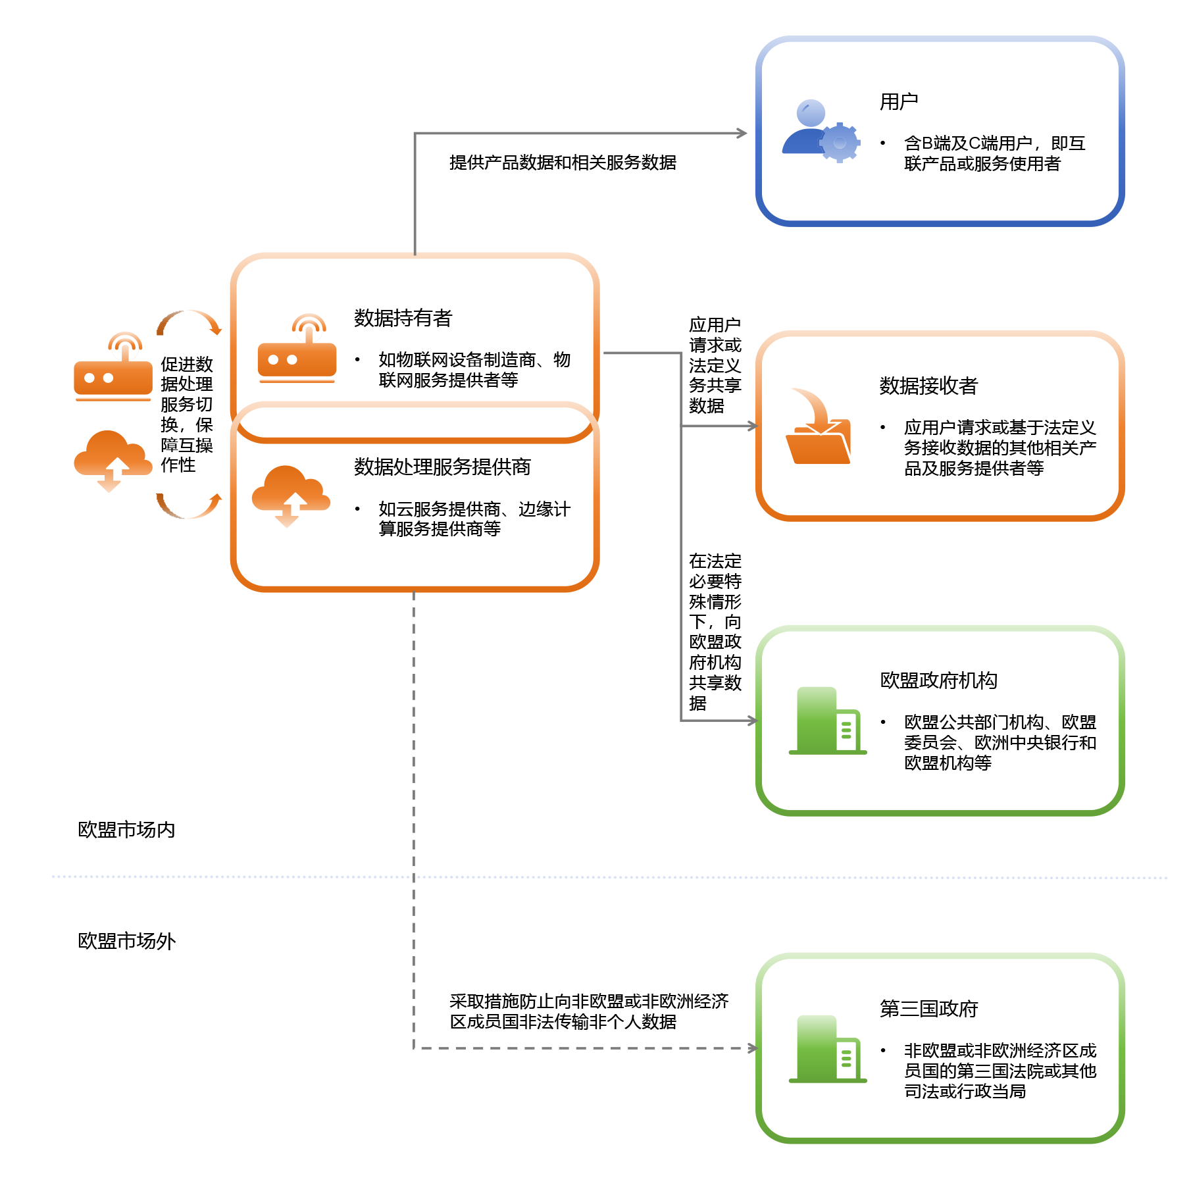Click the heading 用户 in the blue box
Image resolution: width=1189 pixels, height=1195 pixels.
click(x=898, y=102)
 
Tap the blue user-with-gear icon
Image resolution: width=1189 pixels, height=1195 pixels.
click(x=820, y=131)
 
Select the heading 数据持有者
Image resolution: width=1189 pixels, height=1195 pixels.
click(x=403, y=318)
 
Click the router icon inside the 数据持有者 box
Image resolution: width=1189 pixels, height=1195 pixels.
click(x=297, y=349)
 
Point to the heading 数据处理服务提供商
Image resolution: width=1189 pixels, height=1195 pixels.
click(x=442, y=467)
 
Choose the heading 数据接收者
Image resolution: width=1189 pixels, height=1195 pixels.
click(x=928, y=386)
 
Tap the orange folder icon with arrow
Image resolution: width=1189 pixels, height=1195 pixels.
click(x=818, y=428)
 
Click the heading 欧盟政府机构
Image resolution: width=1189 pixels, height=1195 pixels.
click(x=938, y=680)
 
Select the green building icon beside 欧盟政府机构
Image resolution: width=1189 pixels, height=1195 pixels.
click(x=827, y=721)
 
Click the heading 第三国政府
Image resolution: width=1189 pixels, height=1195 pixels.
click(x=928, y=1009)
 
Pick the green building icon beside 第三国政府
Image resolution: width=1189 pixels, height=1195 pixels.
click(x=827, y=1050)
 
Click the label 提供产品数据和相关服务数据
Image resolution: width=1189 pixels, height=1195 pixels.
click(x=563, y=163)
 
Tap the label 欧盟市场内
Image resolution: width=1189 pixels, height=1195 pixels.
click(x=126, y=830)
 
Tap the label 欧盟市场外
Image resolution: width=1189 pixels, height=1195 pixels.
click(x=126, y=941)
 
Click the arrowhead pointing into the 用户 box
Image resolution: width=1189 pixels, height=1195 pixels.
click(x=742, y=134)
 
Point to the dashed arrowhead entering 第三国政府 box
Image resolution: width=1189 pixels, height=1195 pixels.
click(x=753, y=1048)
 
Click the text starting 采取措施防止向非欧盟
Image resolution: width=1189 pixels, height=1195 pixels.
click(x=588, y=1011)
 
